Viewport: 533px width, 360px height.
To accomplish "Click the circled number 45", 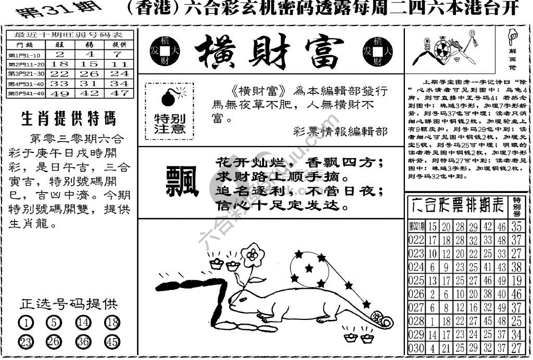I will point(112,342).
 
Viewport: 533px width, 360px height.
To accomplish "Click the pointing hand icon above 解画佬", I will point(511,37).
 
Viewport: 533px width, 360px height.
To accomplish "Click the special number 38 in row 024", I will point(516,268).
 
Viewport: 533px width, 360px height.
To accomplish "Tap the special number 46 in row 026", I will point(516,295).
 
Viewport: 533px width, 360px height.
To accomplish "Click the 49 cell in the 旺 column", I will point(60,93).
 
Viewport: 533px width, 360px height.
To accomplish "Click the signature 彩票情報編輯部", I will point(340,131).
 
